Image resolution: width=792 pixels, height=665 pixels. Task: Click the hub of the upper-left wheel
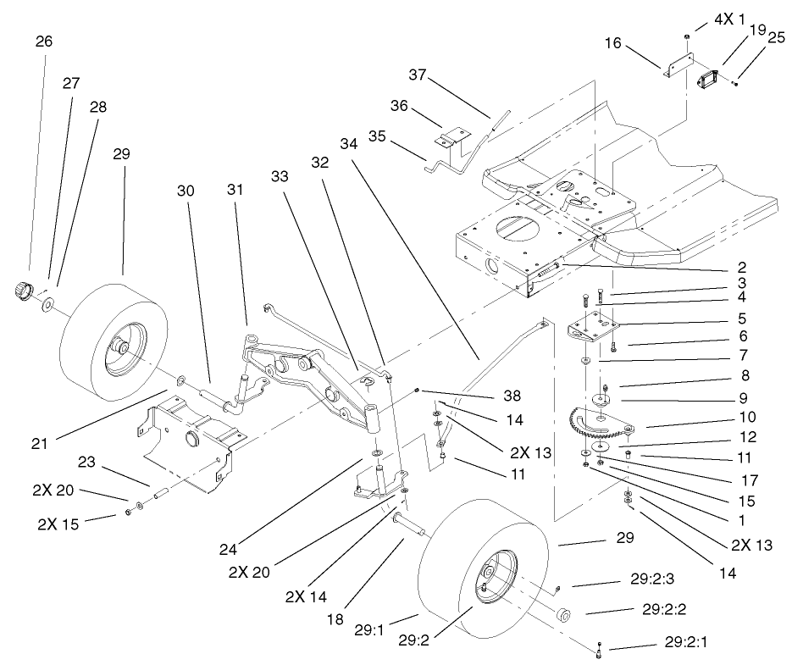[121, 347]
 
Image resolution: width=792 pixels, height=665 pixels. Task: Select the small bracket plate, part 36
[454, 136]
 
